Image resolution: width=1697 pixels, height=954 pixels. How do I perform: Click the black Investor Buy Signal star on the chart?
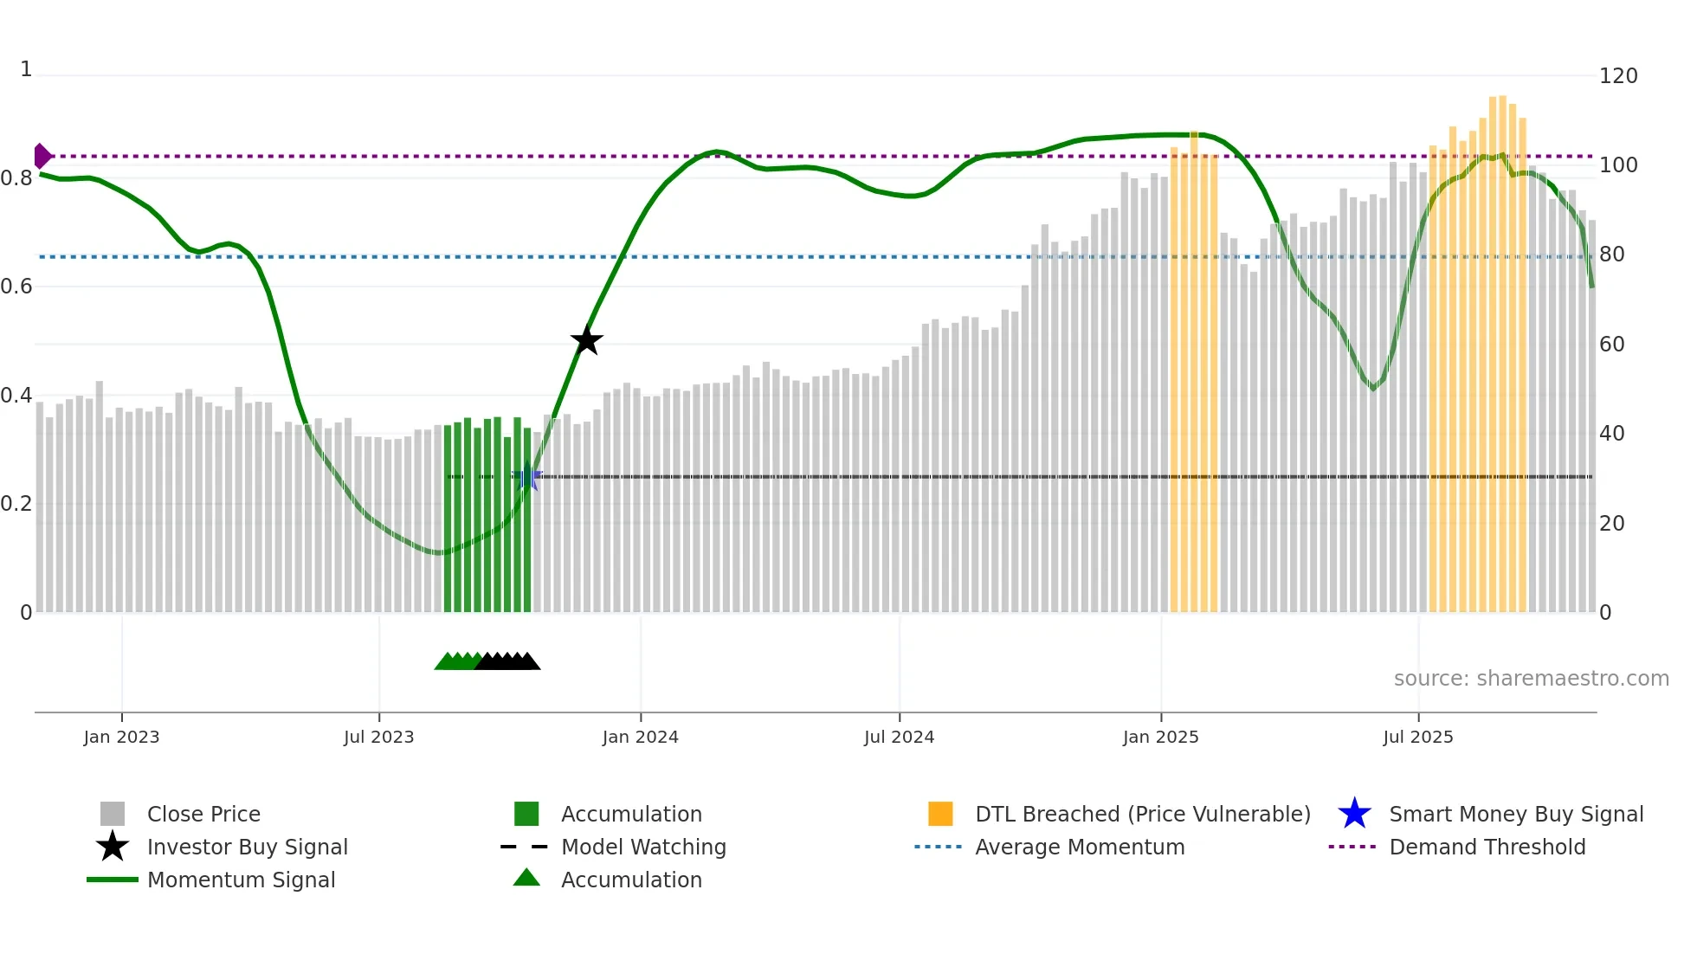[x=586, y=340]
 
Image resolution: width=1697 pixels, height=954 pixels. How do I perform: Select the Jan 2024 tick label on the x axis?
[x=640, y=737]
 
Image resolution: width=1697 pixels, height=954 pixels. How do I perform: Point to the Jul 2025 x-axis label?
[x=1417, y=737]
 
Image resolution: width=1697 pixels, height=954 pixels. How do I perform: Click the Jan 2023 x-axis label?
[x=121, y=737]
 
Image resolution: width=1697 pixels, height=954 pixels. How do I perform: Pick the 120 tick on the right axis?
[x=1617, y=76]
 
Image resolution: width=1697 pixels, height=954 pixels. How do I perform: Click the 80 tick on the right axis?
[x=1611, y=255]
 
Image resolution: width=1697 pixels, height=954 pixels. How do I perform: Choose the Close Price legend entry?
[x=203, y=814]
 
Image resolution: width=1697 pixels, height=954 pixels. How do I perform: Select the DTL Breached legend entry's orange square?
[x=940, y=814]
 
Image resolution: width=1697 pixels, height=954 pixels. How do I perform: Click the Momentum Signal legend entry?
[x=241, y=880]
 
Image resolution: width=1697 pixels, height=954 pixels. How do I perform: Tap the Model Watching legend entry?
[x=642, y=847]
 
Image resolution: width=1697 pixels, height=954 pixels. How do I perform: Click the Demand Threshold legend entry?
[x=1487, y=847]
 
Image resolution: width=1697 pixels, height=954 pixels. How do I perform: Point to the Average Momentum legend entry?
[x=1079, y=847]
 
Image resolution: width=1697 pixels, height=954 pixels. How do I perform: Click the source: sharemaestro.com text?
[x=1531, y=678]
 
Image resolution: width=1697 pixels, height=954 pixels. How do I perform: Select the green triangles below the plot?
[x=456, y=661]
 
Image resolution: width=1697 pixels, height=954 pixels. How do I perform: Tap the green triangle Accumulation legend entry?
[x=630, y=880]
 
